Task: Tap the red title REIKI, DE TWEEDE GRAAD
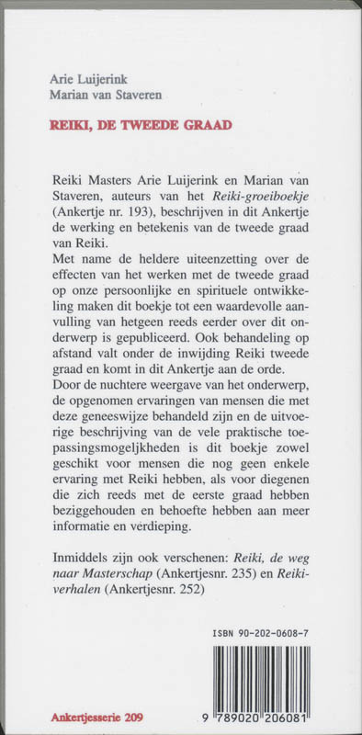165,122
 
